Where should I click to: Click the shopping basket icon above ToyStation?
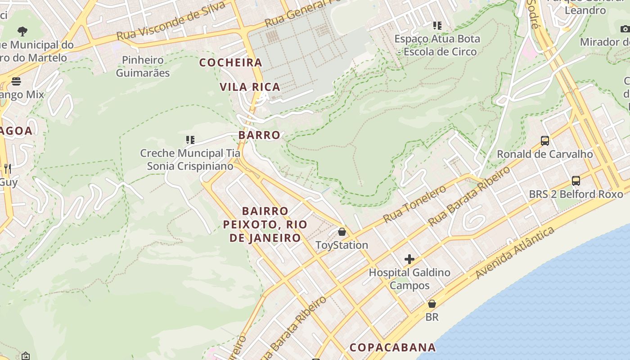coord(342,232)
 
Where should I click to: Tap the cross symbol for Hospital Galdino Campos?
coord(409,259)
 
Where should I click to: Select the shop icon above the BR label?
coord(432,304)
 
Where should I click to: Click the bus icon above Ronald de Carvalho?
coord(545,140)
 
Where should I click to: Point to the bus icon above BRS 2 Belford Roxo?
coord(576,181)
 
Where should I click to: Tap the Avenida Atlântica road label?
coord(515,253)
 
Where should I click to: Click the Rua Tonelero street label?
coord(415,203)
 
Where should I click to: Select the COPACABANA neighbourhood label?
coord(393,347)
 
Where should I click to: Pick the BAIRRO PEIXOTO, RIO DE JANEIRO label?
coord(265,224)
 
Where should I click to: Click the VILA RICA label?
coord(250,87)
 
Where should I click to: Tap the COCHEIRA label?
coord(231,63)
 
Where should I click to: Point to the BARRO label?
coord(259,135)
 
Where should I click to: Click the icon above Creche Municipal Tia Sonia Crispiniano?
coord(190,140)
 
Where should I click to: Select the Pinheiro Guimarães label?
coord(143,66)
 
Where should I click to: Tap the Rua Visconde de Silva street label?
coord(171,21)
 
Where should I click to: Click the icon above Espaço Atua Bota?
coord(437,26)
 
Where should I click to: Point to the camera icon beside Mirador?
coord(625,29)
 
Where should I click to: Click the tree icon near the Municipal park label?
coord(22,31)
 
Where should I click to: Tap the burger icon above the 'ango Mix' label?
coord(16,81)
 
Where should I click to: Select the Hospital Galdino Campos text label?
coord(409,279)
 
